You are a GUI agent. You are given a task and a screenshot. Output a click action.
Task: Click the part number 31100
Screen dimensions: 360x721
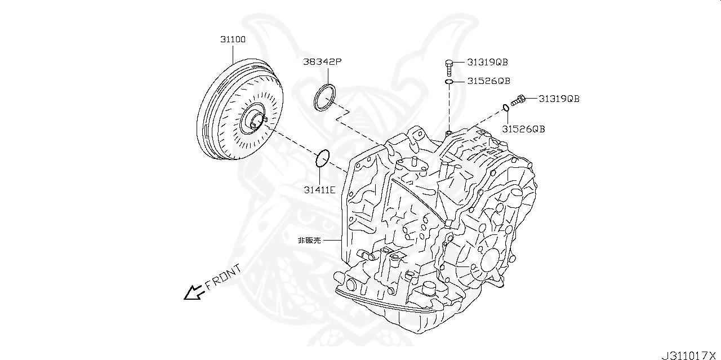233,41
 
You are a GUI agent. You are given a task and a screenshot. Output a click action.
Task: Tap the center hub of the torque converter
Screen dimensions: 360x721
254,121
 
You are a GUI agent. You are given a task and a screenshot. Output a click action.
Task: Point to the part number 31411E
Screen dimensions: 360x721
319,190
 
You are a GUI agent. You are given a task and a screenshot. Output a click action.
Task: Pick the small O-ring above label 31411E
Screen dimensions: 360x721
322,158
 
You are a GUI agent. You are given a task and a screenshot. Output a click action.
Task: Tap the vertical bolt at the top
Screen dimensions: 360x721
449,68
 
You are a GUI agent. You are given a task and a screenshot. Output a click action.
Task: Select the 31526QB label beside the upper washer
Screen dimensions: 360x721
488,81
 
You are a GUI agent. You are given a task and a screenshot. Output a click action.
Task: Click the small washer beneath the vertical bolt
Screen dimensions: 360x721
449,82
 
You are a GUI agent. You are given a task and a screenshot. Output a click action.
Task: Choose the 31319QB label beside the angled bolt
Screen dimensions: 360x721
559,99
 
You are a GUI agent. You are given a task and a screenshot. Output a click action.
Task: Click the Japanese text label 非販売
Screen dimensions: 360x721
309,240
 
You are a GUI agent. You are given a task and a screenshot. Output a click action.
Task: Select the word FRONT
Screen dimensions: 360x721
224,277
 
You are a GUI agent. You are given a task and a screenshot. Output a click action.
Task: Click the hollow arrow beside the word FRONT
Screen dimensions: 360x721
194,292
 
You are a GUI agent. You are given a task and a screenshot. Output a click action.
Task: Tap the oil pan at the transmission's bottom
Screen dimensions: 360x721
394,315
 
